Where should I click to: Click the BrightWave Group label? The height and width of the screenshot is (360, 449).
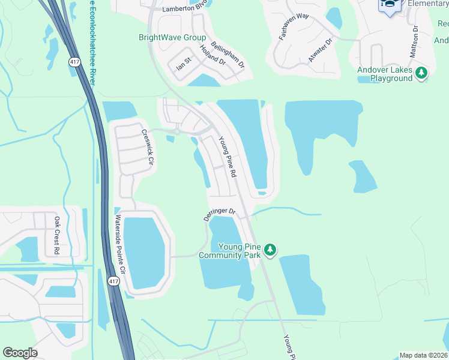(172, 37)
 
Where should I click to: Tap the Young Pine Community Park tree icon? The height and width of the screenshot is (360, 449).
(270, 249)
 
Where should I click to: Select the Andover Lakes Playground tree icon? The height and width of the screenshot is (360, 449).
(422, 73)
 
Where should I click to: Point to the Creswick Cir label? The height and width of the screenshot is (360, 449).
(148, 148)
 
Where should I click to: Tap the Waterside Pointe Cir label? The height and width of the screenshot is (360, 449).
(120, 244)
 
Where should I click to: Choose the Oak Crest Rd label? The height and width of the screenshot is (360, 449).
(57, 236)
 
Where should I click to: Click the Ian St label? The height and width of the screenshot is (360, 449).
(183, 64)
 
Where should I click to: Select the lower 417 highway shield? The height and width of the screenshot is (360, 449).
(113, 280)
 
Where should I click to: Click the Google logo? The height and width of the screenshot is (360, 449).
(20, 353)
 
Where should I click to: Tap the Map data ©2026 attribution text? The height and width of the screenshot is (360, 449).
(423, 355)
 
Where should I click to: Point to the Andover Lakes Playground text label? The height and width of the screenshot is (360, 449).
(385, 74)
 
